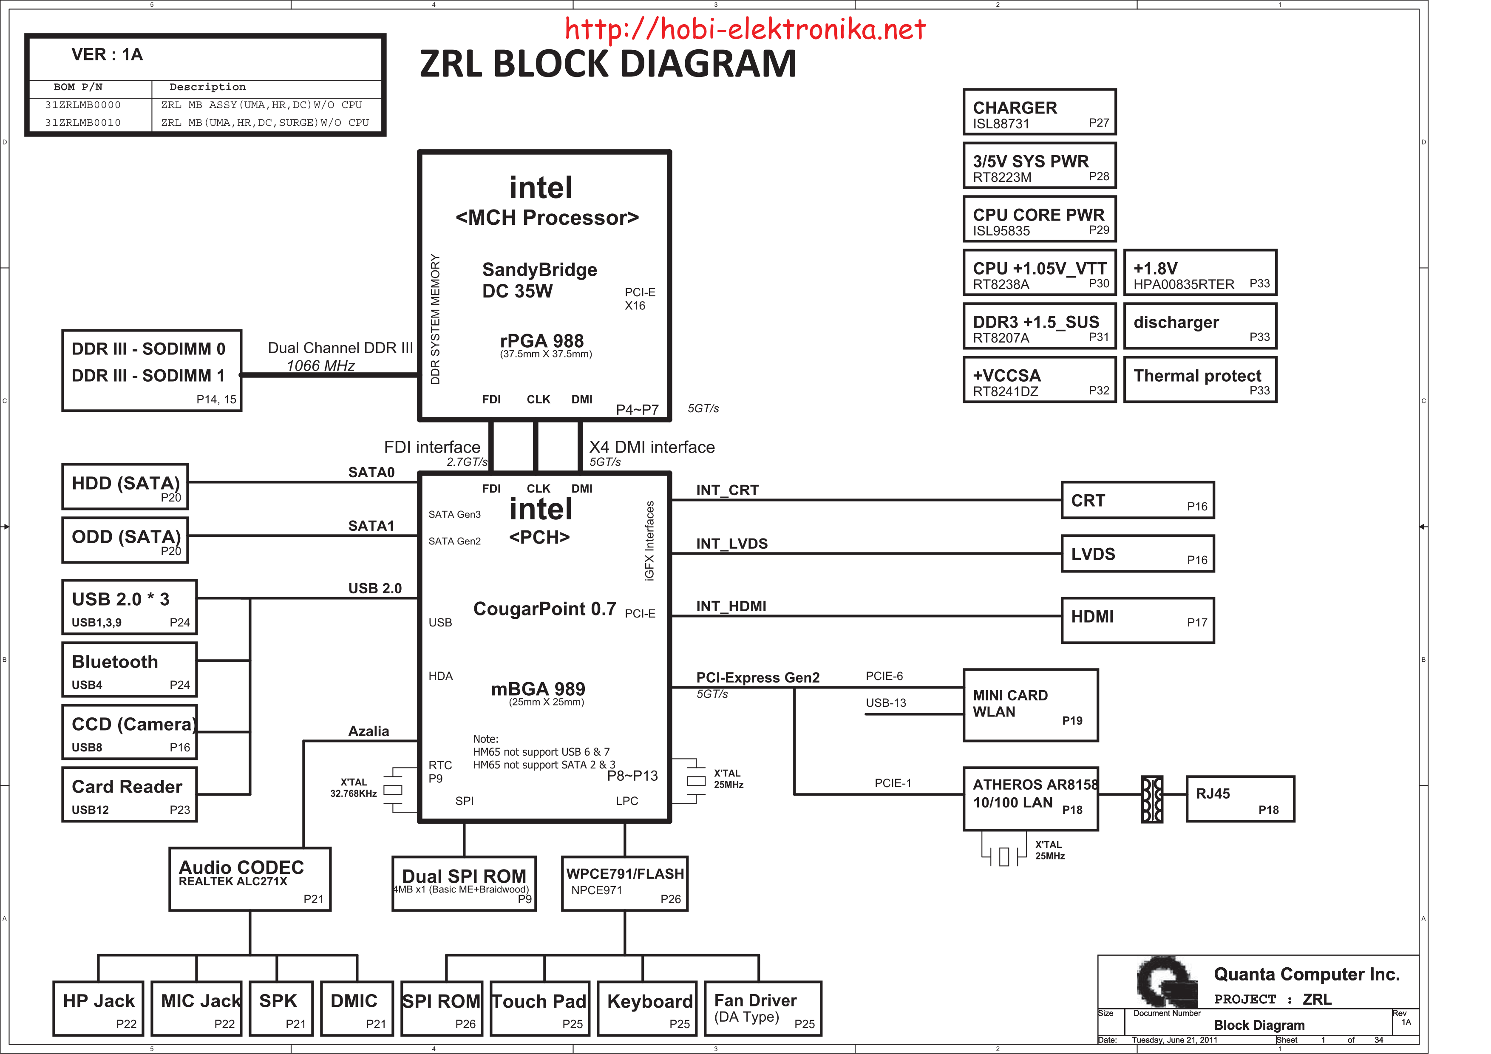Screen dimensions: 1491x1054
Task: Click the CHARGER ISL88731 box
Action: coord(1039,112)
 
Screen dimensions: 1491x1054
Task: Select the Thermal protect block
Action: coord(1200,379)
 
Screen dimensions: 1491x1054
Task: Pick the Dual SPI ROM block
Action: coord(464,883)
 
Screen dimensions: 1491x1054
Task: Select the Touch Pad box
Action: coord(540,1008)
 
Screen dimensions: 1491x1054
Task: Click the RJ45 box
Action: coord(1240,799)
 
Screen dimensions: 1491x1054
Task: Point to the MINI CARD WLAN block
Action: coord(1031,705)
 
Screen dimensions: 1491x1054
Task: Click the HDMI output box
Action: coord(1138,620)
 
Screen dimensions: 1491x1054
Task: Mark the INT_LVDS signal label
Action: coord(732,544)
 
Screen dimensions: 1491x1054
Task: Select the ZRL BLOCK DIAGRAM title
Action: coord(608,64)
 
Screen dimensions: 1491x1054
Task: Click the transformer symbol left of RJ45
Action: coord(1152,799)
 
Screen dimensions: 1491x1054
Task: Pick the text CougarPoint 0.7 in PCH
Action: coord(544,609)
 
